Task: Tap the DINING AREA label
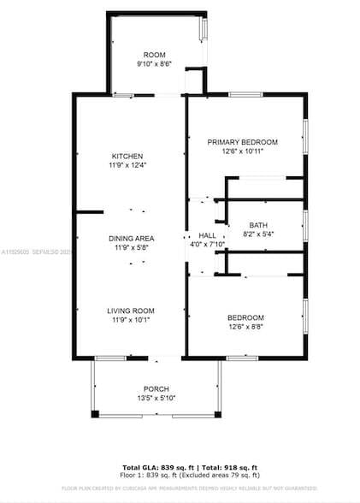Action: coord(131,238)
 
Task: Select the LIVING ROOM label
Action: coord(131,311)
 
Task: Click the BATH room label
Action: coord(258,224)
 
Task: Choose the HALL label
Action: coord(208,235)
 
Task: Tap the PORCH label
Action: coord(156,388)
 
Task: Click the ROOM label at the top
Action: coord(155,54)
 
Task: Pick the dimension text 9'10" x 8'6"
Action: coord(155,63)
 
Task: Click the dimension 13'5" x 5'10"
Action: coord(156,397)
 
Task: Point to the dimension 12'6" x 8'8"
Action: coord(245,326)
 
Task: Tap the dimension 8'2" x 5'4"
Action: coord(258,234)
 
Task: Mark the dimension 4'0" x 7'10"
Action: coord(208,245)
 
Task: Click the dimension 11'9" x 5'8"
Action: coord(131,247)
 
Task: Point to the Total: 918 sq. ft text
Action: coord(230,467)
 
